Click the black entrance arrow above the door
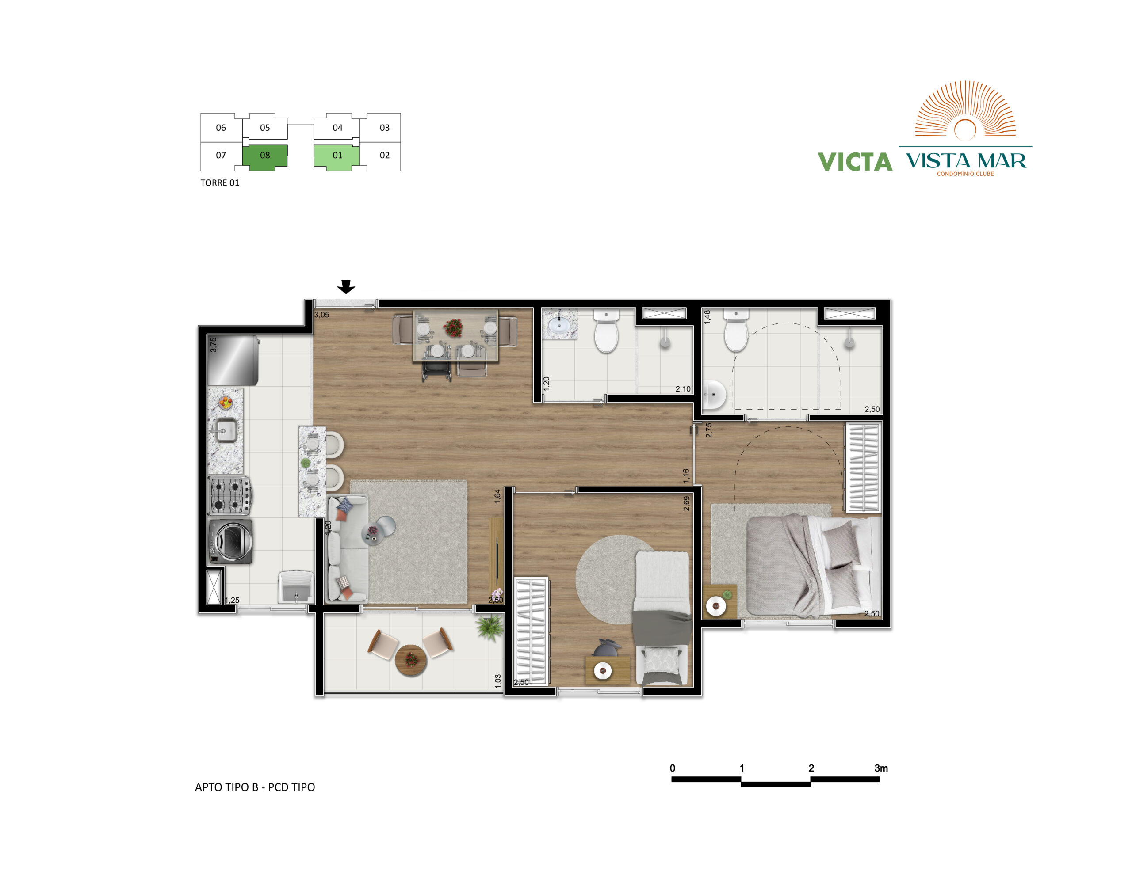click(x=346, y=287)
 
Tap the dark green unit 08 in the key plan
click(x=265, y=157)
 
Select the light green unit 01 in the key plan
click(x=337, y=157)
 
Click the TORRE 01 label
click(x=220, y=183)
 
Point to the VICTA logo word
click(x=855, y=162)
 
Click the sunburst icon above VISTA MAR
click(x=965, y=110)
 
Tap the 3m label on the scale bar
click(x=881, y=768)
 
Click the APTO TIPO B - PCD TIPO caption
click(x=255, y=787)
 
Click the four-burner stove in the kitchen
click(x=229, y=496)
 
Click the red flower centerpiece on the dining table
click(x=453, y=328)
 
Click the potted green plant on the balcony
click(x=490, y=627)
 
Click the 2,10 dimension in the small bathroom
click(x=683, y=389)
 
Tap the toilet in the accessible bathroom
click(x=736, y=331)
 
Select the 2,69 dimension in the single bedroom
click(x=686, y=504)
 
